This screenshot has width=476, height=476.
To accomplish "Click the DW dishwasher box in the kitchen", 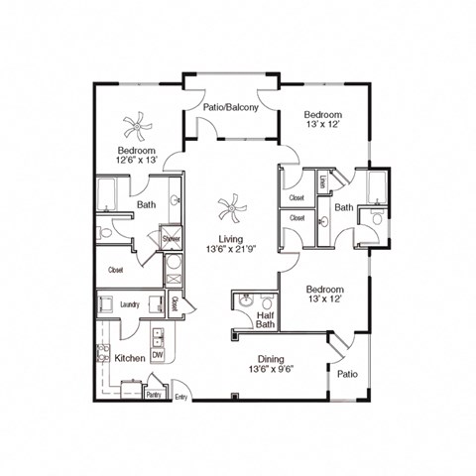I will (157, 356).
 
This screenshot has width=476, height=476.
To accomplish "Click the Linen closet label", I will (323, 182).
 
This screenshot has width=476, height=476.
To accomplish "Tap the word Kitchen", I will (131, 357).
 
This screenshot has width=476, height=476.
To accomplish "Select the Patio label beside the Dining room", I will (346, 375).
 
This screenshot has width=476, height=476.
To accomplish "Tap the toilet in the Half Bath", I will (262, 301).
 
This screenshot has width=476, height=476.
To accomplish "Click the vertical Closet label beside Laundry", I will (174, 304).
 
